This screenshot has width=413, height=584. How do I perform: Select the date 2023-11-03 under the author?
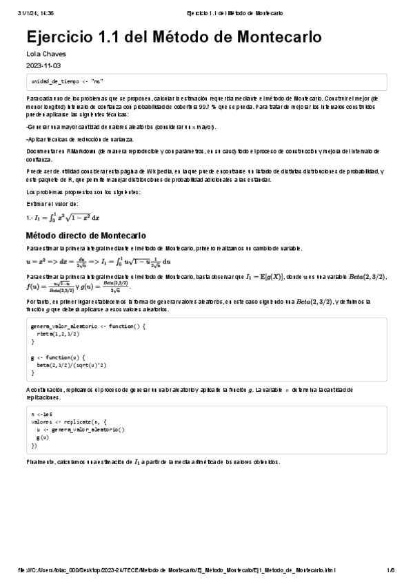[x=43, y=65]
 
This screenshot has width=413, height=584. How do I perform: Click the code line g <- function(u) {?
[x=58, y=357]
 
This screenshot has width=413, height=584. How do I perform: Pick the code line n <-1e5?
[x=43, y=414]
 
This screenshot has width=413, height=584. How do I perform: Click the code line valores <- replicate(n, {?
[x=69, y=421]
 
